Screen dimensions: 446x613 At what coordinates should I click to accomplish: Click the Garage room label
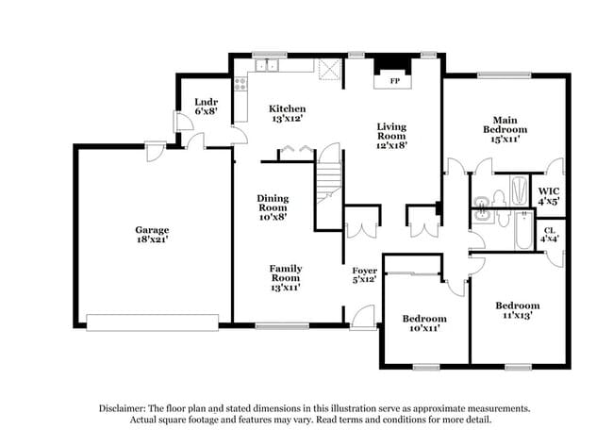point(151,229)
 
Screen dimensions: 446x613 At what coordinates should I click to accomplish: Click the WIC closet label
point(549,194)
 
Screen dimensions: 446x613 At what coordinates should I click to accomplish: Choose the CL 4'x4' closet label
point(549,234)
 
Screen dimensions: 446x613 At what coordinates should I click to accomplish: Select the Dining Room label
point(273,205)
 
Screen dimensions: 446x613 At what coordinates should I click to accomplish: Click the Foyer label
point(364,273)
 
